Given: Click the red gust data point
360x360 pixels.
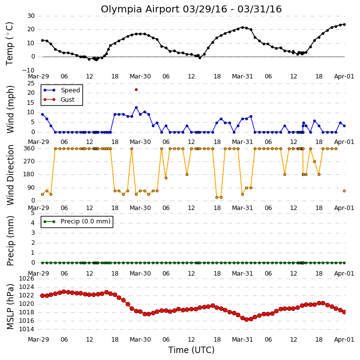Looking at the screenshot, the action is point(136,89).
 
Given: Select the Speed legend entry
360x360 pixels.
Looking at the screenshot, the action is point(62,90).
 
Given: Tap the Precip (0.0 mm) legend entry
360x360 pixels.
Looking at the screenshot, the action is point(77,221).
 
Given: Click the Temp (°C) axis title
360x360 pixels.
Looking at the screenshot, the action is point(9,43).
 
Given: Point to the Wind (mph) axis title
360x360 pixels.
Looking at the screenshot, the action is point(10,109).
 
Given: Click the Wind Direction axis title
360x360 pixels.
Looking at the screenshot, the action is point(10,175).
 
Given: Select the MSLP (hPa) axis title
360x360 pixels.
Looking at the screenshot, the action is point(10,306).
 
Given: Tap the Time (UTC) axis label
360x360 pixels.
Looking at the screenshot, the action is point(191,350).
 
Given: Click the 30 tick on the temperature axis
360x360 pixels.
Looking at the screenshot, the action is point(31,16).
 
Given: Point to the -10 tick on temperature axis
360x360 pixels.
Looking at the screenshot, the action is point(28,70).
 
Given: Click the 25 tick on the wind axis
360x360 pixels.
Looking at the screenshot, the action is point(31,83).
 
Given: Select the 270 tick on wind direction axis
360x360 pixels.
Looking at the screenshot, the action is point(29,161).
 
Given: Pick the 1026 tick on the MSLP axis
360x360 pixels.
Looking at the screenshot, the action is point(26,279).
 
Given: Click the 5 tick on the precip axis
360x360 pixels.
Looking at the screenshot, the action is point(33,213).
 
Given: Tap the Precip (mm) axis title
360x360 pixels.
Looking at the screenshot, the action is point(10,241).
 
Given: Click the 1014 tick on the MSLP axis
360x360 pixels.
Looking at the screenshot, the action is point(26,329).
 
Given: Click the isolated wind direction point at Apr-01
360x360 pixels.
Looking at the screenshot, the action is point(345,191).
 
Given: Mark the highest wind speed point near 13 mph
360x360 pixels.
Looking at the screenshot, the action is point(136,107).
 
